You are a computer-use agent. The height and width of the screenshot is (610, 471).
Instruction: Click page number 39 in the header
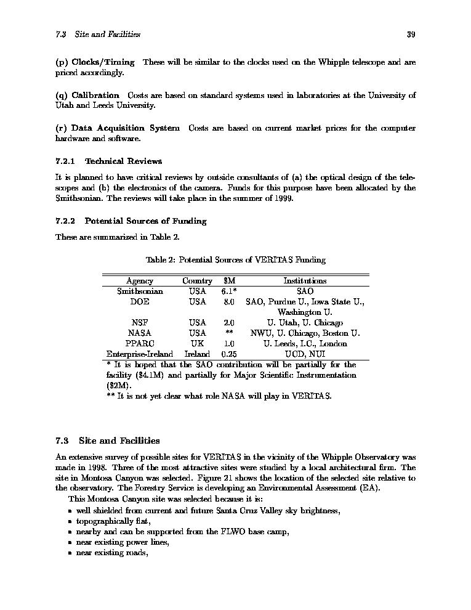(x=411, y=35)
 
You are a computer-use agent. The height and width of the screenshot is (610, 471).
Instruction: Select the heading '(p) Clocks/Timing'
(x=95, y=62)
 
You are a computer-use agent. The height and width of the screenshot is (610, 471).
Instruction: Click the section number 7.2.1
(x=65, y=161)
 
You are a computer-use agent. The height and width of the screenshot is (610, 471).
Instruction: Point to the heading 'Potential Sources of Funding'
(x=145, y=221)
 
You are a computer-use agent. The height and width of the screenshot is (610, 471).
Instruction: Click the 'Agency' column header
(x=139, y=280)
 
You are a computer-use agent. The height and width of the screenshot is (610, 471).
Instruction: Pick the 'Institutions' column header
(x=305, y=280)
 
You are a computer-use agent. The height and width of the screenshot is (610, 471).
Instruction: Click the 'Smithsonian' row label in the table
(x=139, y=291)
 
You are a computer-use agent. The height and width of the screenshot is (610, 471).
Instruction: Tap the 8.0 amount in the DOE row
(x=229, y=302)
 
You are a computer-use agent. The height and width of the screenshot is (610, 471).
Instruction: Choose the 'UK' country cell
(x=197, y=344)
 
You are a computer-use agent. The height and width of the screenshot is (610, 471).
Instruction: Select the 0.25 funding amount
(x=229, y=354)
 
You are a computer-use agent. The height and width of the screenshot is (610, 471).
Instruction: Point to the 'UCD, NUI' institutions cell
(x=305, y=354)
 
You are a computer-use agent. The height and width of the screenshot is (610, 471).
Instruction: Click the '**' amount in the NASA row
(x=229, y=333)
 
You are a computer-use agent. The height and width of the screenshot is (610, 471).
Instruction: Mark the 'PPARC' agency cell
(x=139, y=344)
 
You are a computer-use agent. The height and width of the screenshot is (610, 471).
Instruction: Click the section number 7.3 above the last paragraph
(x=62, y=441)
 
